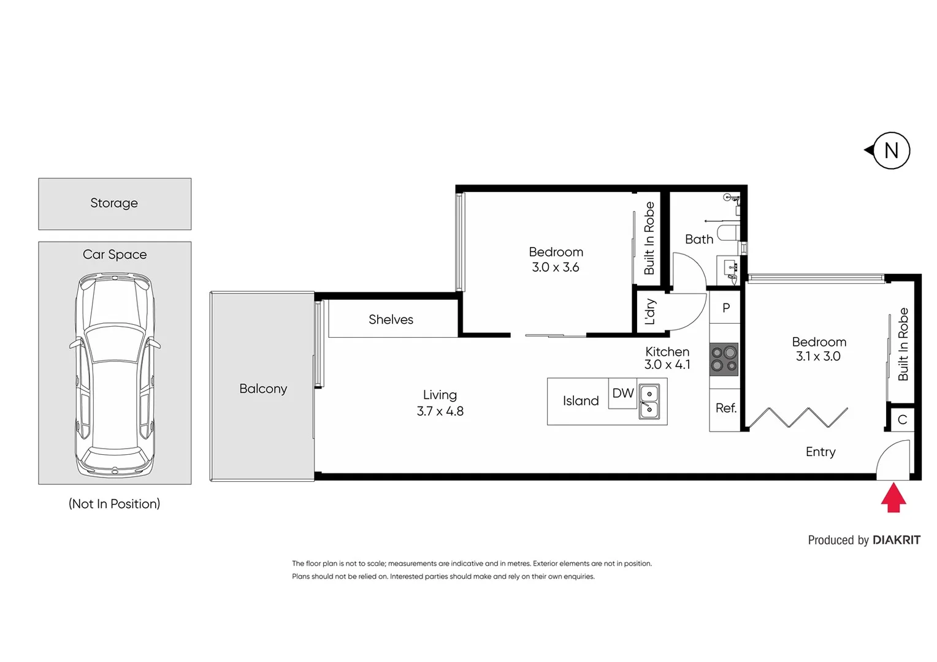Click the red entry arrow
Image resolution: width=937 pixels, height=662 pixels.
coord(893,497)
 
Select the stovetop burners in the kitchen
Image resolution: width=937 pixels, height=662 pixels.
coord(724,359)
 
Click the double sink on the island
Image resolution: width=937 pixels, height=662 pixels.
coord(649,401)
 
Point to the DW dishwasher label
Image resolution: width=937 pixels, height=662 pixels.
coord(623,394)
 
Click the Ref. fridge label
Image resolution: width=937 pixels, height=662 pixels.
coord(725,408)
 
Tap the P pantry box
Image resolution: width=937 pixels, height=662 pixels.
coord(725,308)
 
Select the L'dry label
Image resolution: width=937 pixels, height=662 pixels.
coord(650,312)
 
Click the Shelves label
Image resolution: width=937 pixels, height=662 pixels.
coord(391,319)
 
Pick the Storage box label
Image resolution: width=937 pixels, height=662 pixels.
coord(114,203)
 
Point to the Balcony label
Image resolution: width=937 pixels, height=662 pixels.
coord(263,389)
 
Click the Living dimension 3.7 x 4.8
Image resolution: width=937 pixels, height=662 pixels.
coord(440,411)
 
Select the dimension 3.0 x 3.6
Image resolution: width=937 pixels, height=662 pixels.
coord(555,267)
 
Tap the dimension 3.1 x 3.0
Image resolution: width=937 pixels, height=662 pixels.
coord(818,356)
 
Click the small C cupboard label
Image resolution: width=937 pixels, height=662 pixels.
coord(902,420)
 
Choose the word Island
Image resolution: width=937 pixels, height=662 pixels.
coord(580,401)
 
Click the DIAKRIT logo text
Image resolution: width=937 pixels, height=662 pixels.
coord(896,540)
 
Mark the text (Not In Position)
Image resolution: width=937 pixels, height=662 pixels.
coord(114,504)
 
